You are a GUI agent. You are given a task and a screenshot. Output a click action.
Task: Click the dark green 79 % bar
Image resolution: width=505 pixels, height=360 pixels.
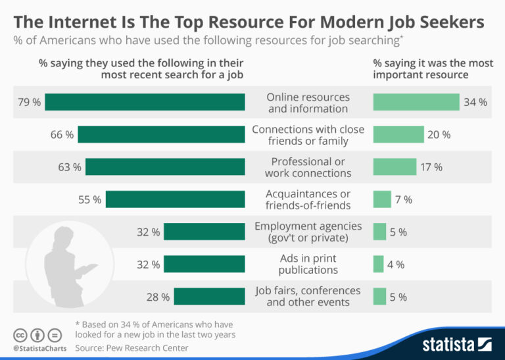click(x=145, y=102)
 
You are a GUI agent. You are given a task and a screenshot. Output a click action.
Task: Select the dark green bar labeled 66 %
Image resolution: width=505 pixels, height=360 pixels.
click(x=161, y=134)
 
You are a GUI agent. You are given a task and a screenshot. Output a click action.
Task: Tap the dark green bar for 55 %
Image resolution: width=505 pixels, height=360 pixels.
click(x=175, y=199)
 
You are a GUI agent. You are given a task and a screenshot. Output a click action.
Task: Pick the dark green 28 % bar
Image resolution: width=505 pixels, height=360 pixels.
click(x=209, y=297)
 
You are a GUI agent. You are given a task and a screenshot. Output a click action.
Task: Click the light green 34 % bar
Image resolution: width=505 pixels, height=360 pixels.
click(x=416, y=102)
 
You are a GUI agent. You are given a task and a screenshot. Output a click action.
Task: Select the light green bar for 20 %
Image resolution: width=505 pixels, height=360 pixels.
click(x=398, y=134)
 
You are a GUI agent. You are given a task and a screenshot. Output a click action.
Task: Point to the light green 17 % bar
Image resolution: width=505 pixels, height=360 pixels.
click(x=395, y=167)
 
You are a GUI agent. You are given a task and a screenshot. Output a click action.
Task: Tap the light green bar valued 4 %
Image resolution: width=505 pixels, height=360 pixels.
click(x=378, y=265)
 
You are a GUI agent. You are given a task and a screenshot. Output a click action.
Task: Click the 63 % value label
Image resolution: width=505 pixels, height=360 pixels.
click(x=69, y=167)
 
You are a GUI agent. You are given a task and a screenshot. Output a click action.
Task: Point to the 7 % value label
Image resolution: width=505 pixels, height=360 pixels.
click(x=404, y=199)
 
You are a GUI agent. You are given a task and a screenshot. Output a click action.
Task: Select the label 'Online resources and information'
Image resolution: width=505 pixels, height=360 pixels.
click(x=308, y=103)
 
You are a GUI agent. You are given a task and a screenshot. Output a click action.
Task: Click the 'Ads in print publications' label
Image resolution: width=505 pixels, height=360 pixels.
click(x=308, y=264)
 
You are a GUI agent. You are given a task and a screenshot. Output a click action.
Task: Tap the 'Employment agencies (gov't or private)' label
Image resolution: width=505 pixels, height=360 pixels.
click(x=308, y=232)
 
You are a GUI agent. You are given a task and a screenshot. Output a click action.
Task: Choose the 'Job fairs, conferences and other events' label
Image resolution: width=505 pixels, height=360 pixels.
click(x=308, y=296)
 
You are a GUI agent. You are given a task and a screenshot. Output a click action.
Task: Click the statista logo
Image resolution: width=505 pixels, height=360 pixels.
click(x=457, y=344)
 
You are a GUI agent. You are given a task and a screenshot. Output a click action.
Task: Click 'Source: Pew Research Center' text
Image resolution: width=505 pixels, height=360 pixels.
click(x=132, y=347)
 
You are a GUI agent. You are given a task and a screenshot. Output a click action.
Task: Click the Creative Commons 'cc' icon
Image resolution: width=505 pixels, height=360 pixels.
click(x=20, y=334)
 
